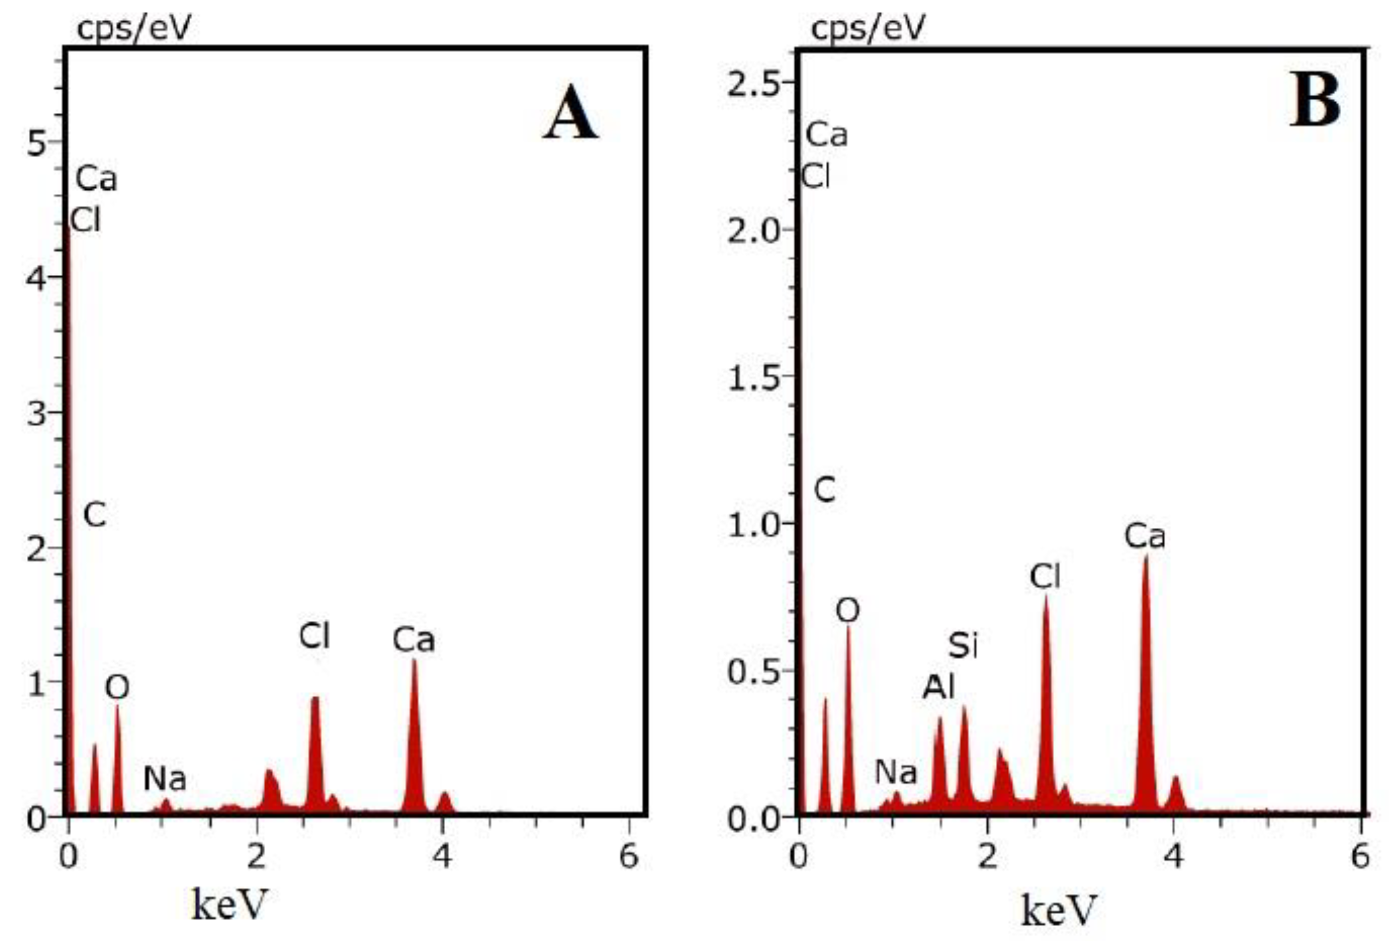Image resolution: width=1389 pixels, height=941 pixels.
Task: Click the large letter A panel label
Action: tap(570, 113)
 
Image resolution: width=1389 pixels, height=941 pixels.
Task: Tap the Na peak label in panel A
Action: tap(165, 778)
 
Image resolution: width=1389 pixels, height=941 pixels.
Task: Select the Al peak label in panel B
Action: tap(938, 687)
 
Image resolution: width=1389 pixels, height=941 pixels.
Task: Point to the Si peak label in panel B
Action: tap(962, 646)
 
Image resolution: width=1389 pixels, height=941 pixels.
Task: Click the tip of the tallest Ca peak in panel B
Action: tap(1146, 557)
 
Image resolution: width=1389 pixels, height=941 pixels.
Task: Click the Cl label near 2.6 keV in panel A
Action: tap(314, 636)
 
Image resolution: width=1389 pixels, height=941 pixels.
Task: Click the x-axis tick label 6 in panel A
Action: tap(629, 856)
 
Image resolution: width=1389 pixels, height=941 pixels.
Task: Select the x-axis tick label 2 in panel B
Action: tap(988, 856)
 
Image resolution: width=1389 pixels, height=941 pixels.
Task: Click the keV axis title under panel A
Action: tap(229, 904)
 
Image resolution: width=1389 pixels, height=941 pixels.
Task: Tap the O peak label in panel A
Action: tap(117, 688)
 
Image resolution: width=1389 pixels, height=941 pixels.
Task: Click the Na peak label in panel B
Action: tap(895, 773)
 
